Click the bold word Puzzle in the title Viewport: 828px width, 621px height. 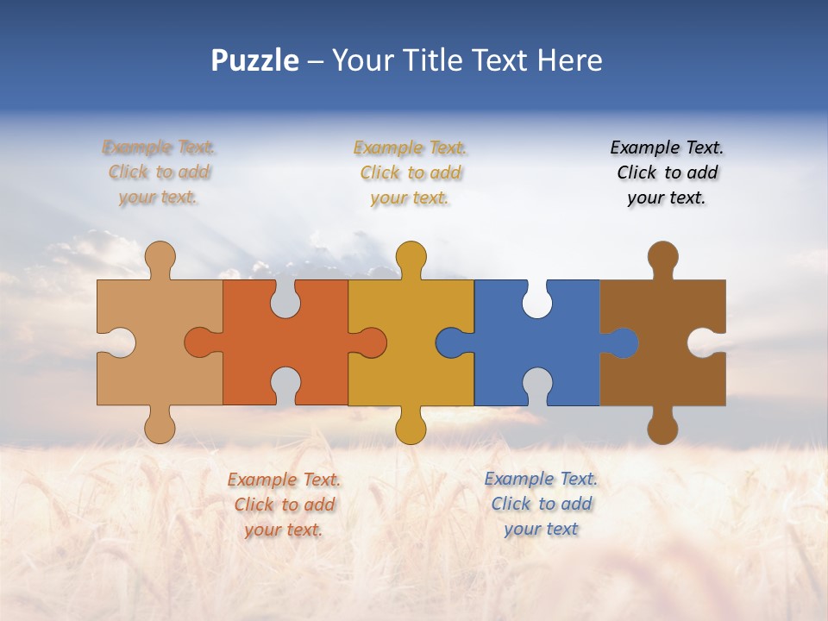[x=255, y=60]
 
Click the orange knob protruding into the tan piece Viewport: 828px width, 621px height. [x=200, y=342]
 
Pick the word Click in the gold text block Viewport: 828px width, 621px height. [x=380, y=172]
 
